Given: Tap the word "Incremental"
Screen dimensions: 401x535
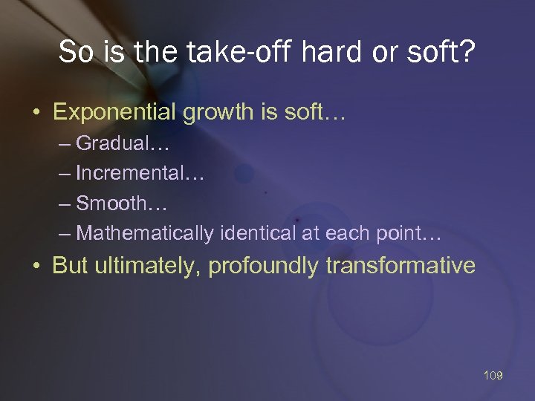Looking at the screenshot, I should point(129,173).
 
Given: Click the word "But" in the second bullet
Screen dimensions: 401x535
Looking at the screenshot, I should point(71,266).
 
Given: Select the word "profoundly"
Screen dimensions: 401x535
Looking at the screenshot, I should point(264,266).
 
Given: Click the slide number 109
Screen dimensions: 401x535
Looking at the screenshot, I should point(493,376).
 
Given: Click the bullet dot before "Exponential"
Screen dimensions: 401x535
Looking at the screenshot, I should point(36,113).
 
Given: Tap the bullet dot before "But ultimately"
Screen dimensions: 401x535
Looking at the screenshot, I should point(36,267).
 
